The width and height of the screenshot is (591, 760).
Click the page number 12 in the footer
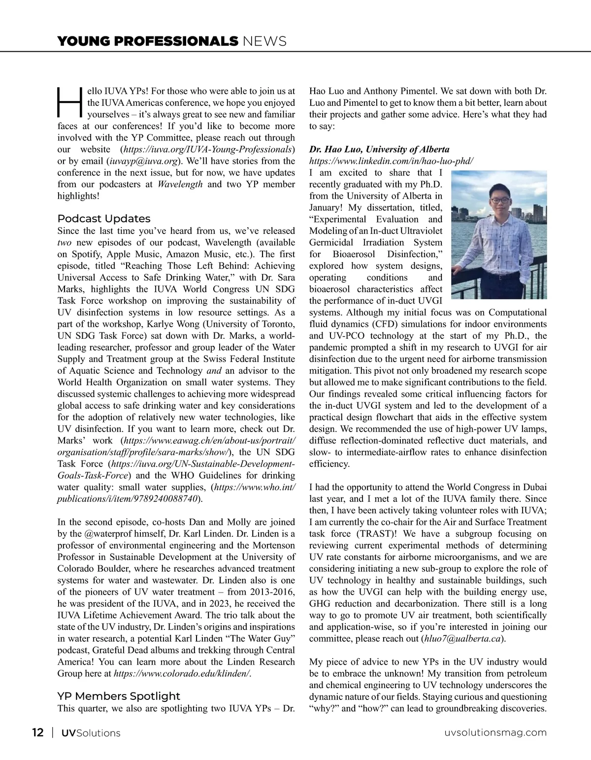[x=37, y=732]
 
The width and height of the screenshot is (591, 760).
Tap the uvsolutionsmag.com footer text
[x=495, y=732]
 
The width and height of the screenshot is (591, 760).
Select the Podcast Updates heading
[x=104, y=219]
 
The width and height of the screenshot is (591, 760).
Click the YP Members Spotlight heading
[x=119, y=696]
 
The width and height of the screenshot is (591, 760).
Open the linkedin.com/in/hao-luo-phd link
[x=391, y=161]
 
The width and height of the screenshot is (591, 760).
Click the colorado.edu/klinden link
[x=182, y=674]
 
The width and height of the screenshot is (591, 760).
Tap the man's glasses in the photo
[x=497, y=201]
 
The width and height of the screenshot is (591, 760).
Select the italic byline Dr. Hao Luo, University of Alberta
[x=379, y=149]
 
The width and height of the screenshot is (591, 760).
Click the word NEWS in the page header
[x=264, y=41]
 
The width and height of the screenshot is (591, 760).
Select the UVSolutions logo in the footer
[x=91, y=733]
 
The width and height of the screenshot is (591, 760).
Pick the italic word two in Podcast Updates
[x=65, y=242]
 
